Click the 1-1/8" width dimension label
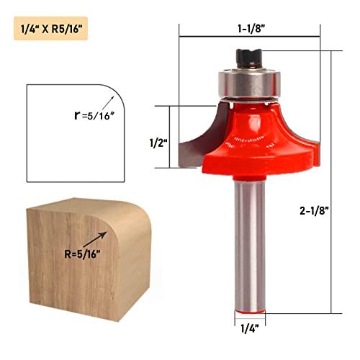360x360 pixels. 251,29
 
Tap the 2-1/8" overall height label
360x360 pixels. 314,211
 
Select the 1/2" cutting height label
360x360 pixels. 158,143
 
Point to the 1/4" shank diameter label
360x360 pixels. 250,328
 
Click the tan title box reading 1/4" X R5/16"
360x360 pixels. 51,28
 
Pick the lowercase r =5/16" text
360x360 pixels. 94,116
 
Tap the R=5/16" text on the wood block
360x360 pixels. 82,254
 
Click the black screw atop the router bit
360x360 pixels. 248,59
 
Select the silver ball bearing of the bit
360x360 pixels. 249,84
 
